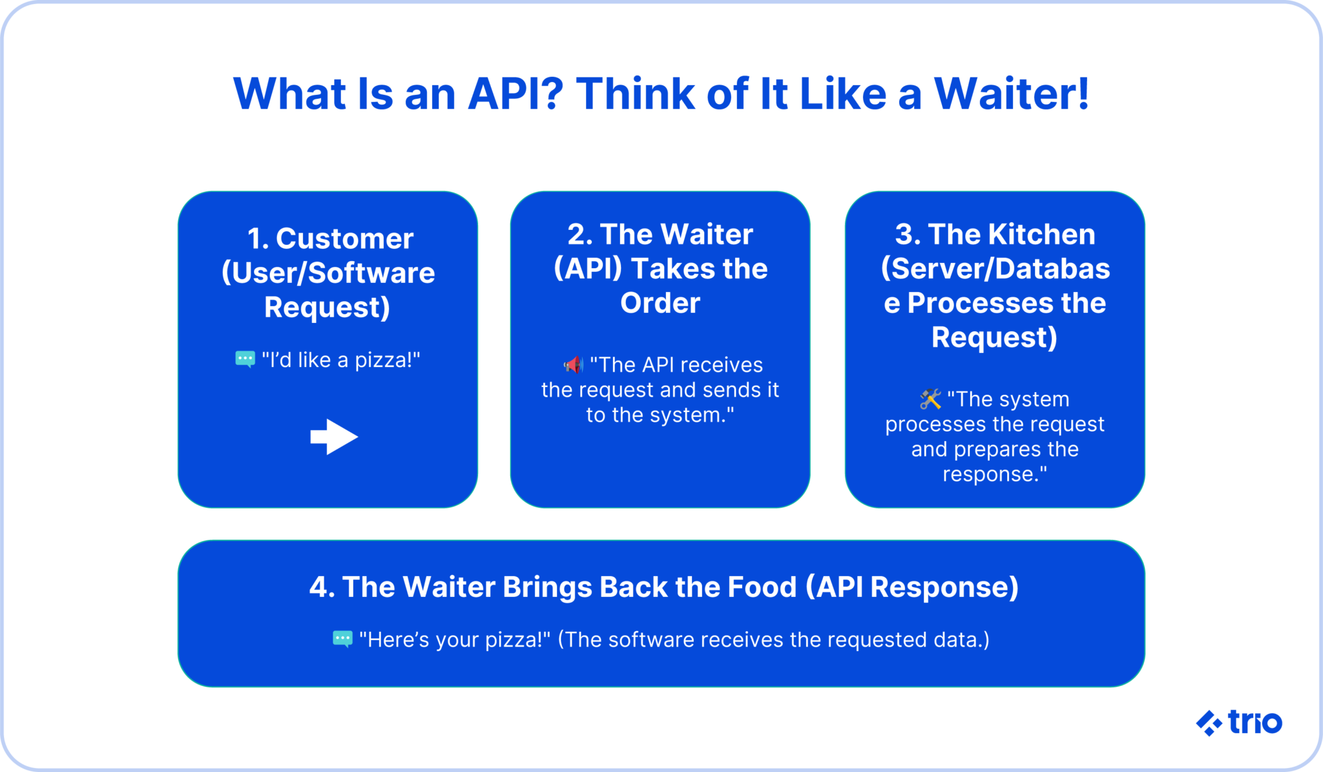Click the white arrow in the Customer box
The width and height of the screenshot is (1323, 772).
[334, 437]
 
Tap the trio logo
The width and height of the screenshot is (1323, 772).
[1239, 722]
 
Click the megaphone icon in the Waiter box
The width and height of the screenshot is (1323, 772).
[573, 365]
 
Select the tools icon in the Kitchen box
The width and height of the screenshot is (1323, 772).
[930, 399]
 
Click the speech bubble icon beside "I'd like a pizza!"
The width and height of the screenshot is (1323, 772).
[245, 359]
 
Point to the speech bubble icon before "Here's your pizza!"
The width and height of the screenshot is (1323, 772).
[342, 639]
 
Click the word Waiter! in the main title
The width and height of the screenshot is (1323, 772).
[1012, 94]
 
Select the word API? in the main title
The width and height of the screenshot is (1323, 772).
[516, 94]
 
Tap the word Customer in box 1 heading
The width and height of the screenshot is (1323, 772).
[345, 239]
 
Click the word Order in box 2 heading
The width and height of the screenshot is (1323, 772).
[660, 303]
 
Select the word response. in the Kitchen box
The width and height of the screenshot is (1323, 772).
[995, 474]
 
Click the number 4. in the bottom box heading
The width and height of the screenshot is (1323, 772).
[322, 587]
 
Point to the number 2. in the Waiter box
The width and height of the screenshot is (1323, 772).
[579, 235]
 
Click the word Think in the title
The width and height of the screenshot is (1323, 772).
[635, 94]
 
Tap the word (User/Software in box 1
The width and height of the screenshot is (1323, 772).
[328, 273]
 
